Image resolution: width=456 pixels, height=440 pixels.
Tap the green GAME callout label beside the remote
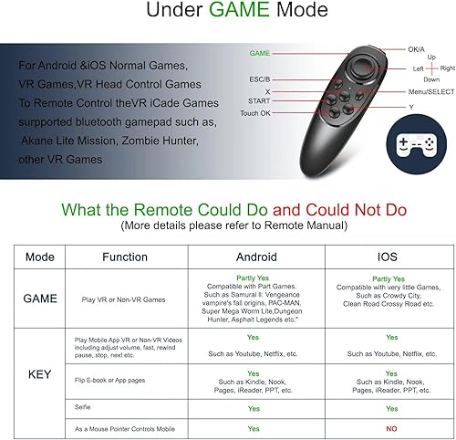(x=260, y=54)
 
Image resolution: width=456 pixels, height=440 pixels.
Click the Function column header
(x=125, y=257)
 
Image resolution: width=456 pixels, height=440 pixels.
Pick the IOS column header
(x=387, y=257)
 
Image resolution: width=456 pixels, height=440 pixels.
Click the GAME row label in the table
(x=39, y=299)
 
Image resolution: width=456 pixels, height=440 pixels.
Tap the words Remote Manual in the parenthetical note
(x=312, y=225)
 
